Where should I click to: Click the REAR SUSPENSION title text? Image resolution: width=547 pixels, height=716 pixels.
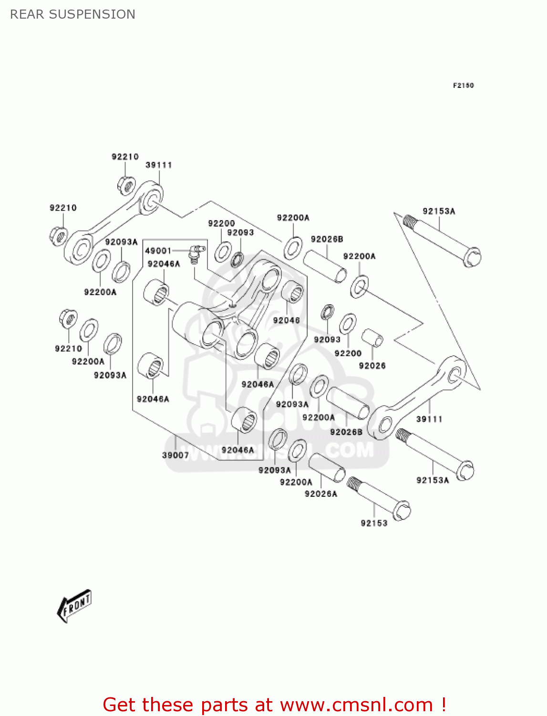[x=72, y=14]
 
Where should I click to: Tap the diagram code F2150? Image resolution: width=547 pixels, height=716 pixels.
[x=463, y=85]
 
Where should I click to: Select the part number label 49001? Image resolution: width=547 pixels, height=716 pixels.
[x=158, y=251]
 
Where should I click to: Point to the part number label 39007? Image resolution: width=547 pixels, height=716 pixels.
[x=175, y=455]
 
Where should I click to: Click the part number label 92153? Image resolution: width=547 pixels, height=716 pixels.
[x=374, y=523]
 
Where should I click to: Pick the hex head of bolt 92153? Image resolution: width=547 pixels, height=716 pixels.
[x=402, y=511]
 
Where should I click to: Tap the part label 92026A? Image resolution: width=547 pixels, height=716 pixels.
[x=320, y=494]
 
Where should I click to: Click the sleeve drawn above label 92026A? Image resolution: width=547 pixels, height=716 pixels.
[x=327, y=468]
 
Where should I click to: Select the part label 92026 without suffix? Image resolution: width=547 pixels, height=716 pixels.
[x=372, y=366]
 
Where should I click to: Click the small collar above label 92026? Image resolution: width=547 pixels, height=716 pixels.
[x=372, y=337]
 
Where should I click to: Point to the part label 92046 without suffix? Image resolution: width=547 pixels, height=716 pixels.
[x=286, y=320]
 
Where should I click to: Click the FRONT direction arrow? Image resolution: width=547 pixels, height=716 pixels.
[x=74, y=606]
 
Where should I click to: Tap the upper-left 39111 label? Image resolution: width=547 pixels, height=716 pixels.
[x=158, y=165]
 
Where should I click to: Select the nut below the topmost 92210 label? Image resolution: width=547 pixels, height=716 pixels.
[x=126, y=185]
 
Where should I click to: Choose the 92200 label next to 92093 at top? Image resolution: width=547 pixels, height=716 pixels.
[x=221, y=223]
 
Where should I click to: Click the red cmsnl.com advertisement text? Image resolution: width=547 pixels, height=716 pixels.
[x=274, y=705]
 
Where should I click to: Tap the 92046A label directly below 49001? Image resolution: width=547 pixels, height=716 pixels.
[x=164, y=264]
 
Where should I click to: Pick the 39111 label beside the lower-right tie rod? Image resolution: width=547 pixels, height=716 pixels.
[x=429, y=419]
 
